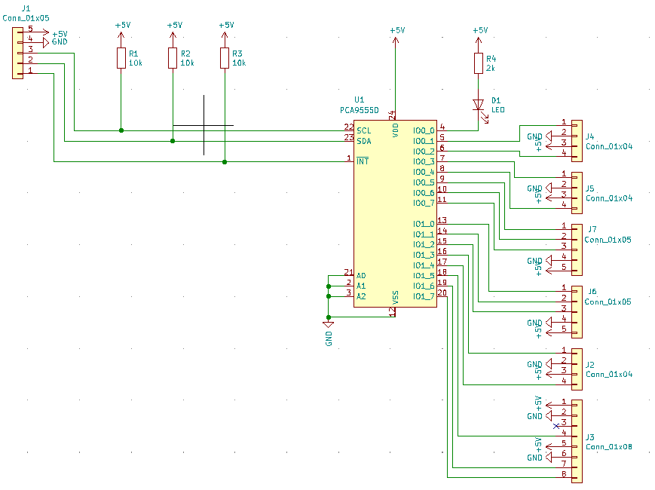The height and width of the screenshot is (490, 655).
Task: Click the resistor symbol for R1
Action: [x=121, y=58]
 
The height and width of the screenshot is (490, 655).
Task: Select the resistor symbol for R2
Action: [x=173, y=58]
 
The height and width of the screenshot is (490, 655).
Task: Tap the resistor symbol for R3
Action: [x=225, y=58]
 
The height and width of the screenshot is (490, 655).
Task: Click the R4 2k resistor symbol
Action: [x=479, y=63]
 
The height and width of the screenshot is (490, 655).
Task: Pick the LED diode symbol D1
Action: [x=479, y=110]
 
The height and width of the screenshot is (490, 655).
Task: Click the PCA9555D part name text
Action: [x=360, y=110]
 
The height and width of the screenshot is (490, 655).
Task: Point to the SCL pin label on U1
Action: [x=364, y=130]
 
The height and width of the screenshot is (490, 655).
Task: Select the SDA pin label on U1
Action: [x=364, y=141]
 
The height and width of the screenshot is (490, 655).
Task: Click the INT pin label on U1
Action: [x=363, y=161]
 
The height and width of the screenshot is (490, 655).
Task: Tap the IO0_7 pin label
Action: [x=424, y=203]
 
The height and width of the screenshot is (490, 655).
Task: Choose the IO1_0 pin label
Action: [x=424, y=224]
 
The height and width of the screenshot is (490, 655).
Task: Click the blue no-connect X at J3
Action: [x=556, y=426]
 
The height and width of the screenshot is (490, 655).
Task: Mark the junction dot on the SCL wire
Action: [x=121, y=130]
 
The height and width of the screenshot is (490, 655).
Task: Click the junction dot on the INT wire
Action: [x=225, y=161]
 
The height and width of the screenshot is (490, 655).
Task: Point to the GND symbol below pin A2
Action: [x=329, y=324]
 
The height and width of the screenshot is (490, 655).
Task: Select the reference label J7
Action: [x=592, y=229]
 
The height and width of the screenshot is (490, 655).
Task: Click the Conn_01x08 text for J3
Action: [x=608, y=447]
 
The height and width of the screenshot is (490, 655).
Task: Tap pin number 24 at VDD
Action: [x=392, y=115]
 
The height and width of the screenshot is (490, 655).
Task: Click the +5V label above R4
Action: [x=480, y=30]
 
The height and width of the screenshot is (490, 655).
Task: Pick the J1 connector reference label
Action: [x=26, y=8]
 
